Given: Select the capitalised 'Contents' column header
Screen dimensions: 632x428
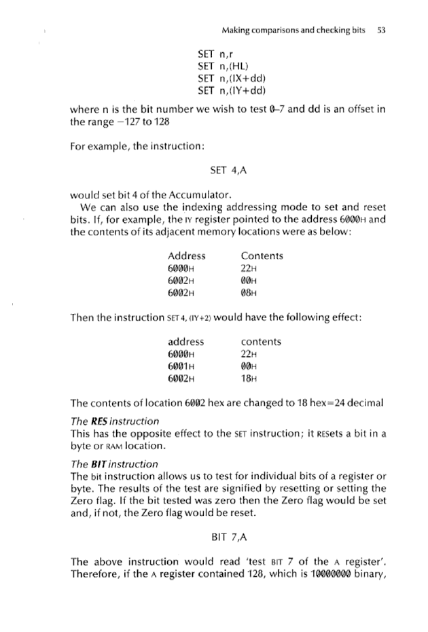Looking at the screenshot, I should click(x=262, y=256).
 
